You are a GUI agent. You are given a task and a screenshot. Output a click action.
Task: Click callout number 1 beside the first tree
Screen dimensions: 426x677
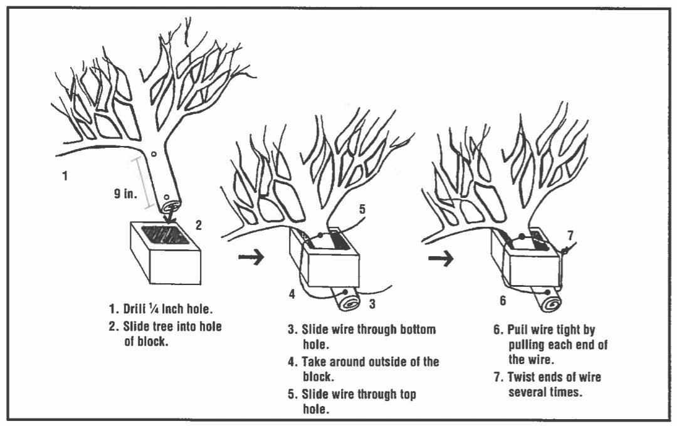coord(65,177)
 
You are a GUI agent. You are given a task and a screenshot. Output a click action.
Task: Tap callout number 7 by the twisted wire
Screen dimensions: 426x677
coord(570,235)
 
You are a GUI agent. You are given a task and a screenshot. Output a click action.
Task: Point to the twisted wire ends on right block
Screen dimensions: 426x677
coord(565,250)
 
